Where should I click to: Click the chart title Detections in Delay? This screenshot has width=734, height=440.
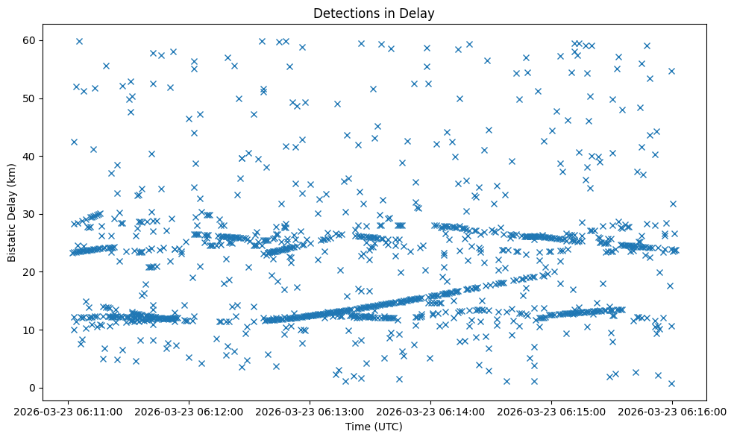point(374,13)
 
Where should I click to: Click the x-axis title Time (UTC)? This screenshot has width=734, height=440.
point(374,427)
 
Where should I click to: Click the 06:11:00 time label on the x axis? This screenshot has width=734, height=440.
point(69,412)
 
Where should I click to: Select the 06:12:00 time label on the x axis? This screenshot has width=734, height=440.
point(189,412)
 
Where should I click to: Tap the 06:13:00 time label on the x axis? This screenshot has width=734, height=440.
point(310,412)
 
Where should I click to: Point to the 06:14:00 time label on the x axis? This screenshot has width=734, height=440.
point(431,412)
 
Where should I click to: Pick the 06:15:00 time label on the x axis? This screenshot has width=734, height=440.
point(552,412)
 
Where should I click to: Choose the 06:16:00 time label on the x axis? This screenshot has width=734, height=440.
point(672,412)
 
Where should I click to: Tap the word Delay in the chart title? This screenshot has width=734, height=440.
point(419,13)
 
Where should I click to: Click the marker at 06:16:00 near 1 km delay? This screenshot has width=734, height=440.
point(671,383)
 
